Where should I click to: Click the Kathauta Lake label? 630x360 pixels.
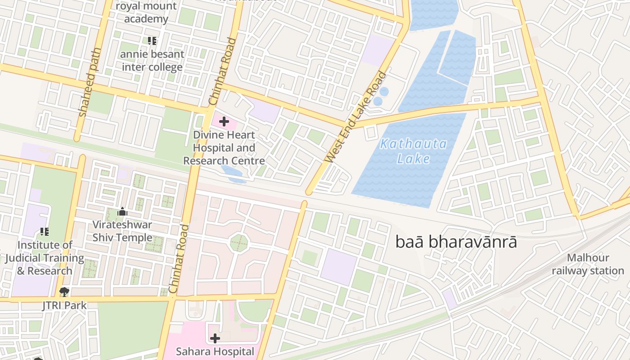(x=413, y=151)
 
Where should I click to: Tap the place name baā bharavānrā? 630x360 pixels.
(x=456, y=242)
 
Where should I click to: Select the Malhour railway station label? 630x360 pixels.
(x=588, y=264)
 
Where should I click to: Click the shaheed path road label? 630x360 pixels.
(x=89, y=82)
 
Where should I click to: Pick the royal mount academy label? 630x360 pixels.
(x=146, y=13)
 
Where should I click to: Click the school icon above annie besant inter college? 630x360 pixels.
(x=153, y=41)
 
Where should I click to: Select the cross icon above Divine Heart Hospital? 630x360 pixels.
(x=224, y=121)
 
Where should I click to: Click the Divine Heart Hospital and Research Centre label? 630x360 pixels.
(x=224, y=148)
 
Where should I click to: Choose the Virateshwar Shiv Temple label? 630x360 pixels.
(x=122, y=231)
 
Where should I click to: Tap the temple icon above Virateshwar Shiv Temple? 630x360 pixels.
(x=122, y=211)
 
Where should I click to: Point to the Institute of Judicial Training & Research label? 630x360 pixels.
(x=45, y=258)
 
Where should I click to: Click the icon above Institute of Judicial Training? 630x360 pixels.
(x=45, y=232)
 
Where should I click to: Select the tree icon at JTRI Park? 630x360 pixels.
(x=64, y=292)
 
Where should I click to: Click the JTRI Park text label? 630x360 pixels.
(x=64, y=306)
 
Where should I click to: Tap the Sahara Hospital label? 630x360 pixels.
(x=215, y=351)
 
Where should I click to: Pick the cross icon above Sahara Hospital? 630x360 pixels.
(x=215, y=338)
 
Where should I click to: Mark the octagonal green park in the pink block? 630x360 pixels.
(x=239, y=243)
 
